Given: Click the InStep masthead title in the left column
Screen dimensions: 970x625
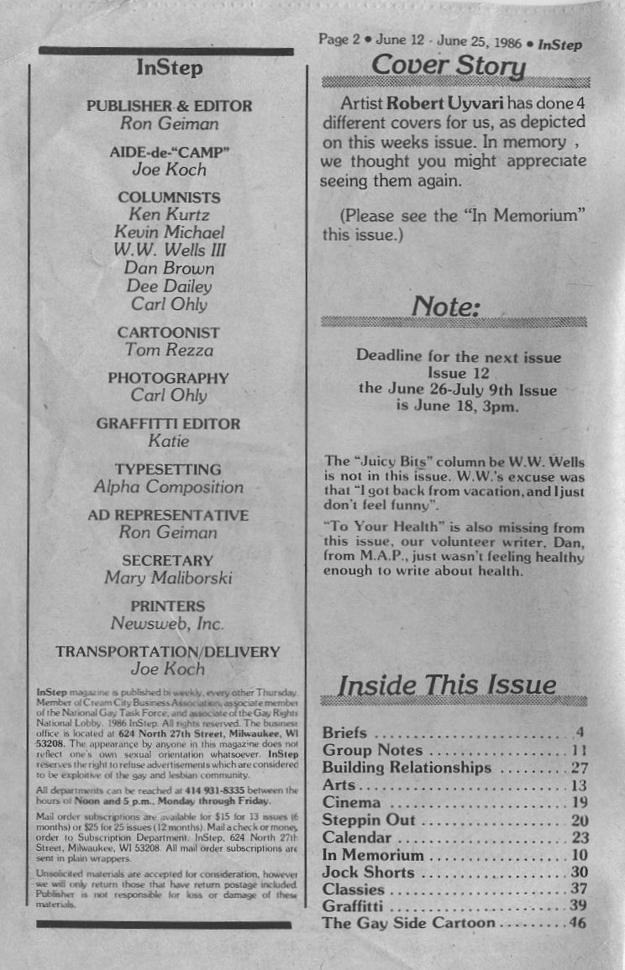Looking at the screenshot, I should click(169, 68).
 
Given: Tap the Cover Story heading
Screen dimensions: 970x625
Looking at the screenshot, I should click(449, 66).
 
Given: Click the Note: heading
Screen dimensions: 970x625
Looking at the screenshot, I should click(446, 307).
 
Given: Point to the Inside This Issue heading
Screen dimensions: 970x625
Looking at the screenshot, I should click(446, 685).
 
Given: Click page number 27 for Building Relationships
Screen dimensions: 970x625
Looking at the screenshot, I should click(579, 768).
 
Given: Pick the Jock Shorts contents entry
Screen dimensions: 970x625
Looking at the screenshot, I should click(370, 873).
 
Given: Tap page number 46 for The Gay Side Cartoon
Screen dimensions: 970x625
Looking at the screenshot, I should click(577, 923).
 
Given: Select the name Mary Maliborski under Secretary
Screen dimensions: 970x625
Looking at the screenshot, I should click(168, 578).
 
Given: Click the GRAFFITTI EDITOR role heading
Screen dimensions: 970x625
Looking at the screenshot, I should click(168, 424).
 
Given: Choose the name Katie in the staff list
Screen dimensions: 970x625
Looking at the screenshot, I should click(168, 441).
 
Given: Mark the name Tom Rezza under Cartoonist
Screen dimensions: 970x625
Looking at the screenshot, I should click(169, 349).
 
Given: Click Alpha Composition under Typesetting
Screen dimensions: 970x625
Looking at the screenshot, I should click(168, 487).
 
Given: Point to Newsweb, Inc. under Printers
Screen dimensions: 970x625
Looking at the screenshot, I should click(168, 623).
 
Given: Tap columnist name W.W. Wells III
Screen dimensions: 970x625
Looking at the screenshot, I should click(170, 250).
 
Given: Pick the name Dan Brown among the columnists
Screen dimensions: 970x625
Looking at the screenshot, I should click(169, 269).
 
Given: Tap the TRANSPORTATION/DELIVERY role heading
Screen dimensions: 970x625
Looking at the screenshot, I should click(168, 652).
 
